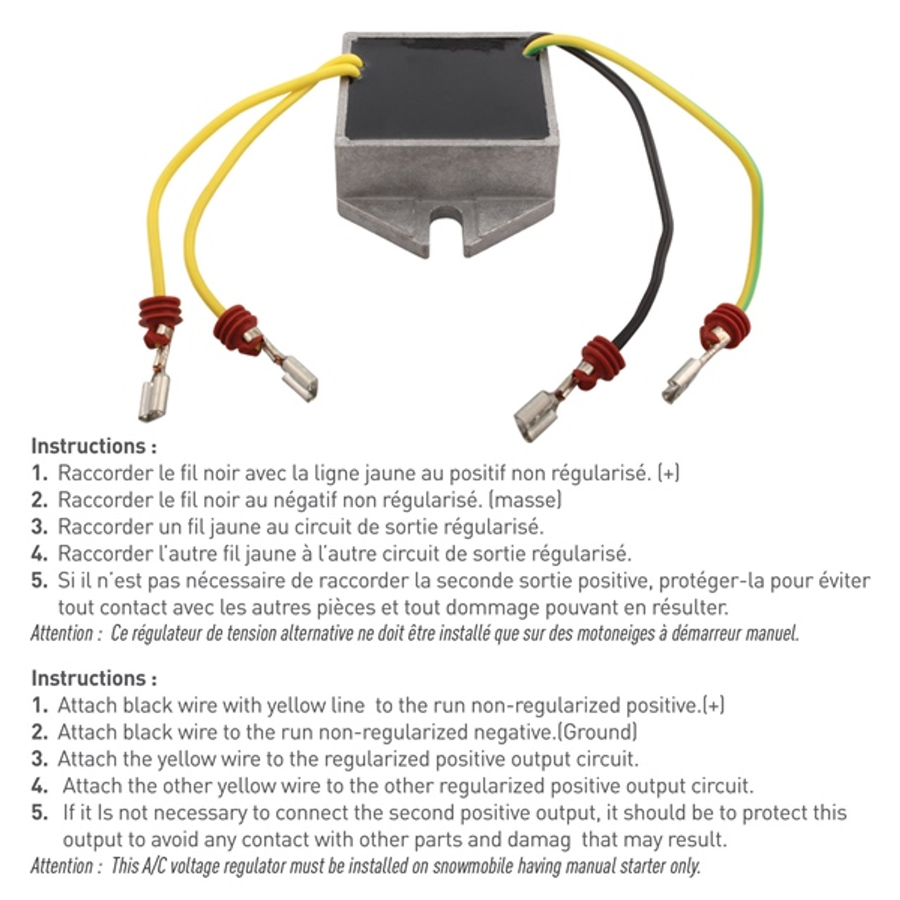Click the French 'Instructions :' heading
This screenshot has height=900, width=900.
point(94,446)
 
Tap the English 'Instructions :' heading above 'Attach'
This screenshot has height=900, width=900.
point(94,678)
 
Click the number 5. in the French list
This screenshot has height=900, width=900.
point(39,581)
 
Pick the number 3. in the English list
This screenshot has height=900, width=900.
point(39,759)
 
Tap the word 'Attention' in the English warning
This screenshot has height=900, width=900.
point(62,866)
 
